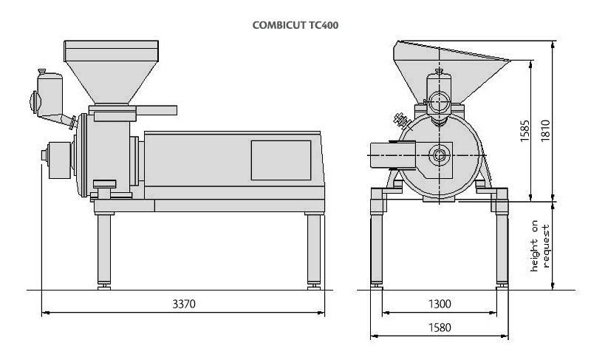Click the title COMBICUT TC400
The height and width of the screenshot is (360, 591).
click(x=295, y=25)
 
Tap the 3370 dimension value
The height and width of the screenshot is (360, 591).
click(x=184, y=304)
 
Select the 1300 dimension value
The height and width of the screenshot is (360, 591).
click(x=440, y=304)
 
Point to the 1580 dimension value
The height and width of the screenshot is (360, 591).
click(x=440, y=327)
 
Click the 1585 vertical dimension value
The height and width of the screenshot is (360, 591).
click(x=525, y=131)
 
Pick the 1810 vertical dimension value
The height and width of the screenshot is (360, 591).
click(x=545, y=131)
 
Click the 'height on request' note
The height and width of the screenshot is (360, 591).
click(x=540, y=245)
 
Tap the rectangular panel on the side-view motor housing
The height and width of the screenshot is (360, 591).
click(x=281, y=160)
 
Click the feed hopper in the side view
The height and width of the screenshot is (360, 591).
click(x=112, y=72)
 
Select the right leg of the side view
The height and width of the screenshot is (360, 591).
click(x=314, y=251)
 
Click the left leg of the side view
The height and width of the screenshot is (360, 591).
click(x=104, y=251)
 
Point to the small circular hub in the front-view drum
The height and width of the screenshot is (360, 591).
click(x=439, y=154)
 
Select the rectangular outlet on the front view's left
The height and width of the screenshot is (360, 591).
click(x=393, y=155)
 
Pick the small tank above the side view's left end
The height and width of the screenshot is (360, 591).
click(x=49, y=93)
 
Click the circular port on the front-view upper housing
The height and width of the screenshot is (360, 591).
click(x=439, y=102)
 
